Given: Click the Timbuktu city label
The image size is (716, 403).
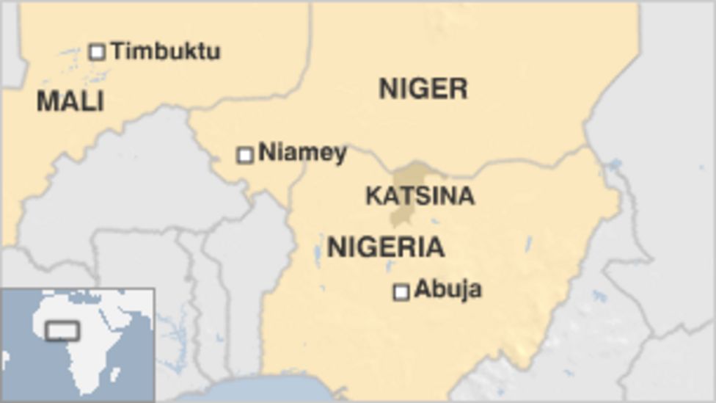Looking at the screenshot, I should click(x=166, y=51).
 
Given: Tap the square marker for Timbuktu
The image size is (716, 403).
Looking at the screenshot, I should click(x=97, y=51).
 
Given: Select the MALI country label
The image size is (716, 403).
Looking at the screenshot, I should click(x=70, y=101).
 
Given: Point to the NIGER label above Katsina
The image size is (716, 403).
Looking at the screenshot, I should click(x=423, y=89).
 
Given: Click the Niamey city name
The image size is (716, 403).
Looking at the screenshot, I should click(x=302, y=153).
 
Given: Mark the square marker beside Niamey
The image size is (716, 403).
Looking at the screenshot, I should click(x=245, y=154).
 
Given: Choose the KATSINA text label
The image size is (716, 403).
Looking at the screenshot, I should click(x=420, y=196).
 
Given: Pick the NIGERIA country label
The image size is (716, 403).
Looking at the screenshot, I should click(x=385, y=247).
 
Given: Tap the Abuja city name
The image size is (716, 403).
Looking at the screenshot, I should click(x=447, y=289).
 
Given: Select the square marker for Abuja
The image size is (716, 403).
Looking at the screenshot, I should click(x=401, y=292).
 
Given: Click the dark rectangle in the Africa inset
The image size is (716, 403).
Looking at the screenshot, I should click(x=62, y=330).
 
